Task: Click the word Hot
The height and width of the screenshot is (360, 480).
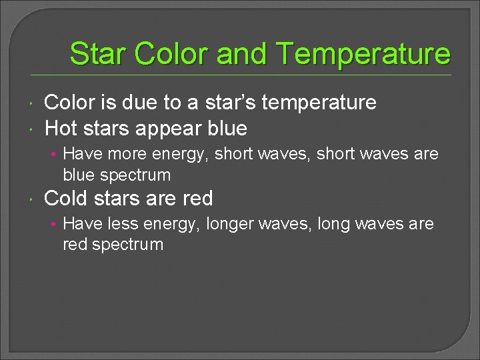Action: click(x=61, y=128)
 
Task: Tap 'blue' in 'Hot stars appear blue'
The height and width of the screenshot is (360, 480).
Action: click(x=227, y=128)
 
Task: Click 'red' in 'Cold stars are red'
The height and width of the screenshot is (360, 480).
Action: click(x=197, y=198)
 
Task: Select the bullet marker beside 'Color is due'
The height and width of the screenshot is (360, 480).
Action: click(x=32, y=103)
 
